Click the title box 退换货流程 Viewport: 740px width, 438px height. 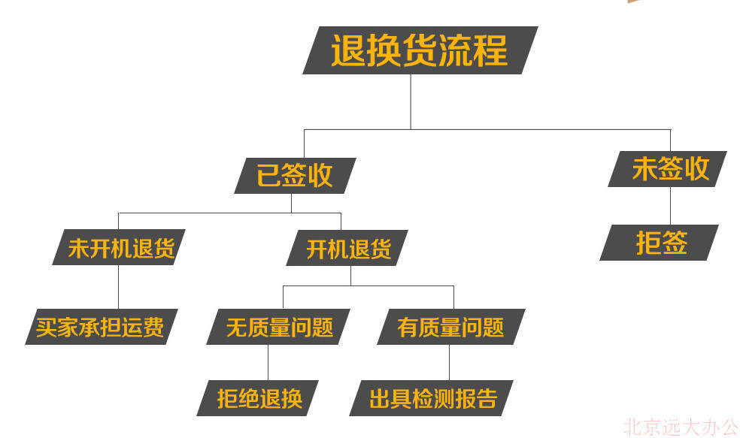point(420,50)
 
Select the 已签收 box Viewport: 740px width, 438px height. point(295,175)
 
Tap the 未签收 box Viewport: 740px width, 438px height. point(667,169)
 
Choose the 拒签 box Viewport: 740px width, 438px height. point(660,243)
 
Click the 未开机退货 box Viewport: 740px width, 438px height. point(119,247)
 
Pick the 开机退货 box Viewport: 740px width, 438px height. point(347,248)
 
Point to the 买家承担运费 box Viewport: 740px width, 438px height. point(102,327)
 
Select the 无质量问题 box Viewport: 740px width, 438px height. point(278,327)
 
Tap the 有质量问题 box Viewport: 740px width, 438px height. point(451,327)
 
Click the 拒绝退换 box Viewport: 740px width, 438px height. point(258,398)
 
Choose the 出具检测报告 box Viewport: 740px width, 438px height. point(432,398)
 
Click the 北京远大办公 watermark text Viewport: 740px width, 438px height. point(681,427)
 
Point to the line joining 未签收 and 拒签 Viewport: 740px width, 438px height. point(670,206)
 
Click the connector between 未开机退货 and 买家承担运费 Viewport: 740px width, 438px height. point(119,287)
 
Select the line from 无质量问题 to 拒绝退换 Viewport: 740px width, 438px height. point(268,363)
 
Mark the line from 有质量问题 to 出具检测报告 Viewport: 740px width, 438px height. point(449,363)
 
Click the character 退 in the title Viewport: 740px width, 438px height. point(348,50)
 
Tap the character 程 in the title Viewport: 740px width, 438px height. point(491,50)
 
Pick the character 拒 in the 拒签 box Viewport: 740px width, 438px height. point(648,243)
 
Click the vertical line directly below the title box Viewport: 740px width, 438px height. point(411,102)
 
